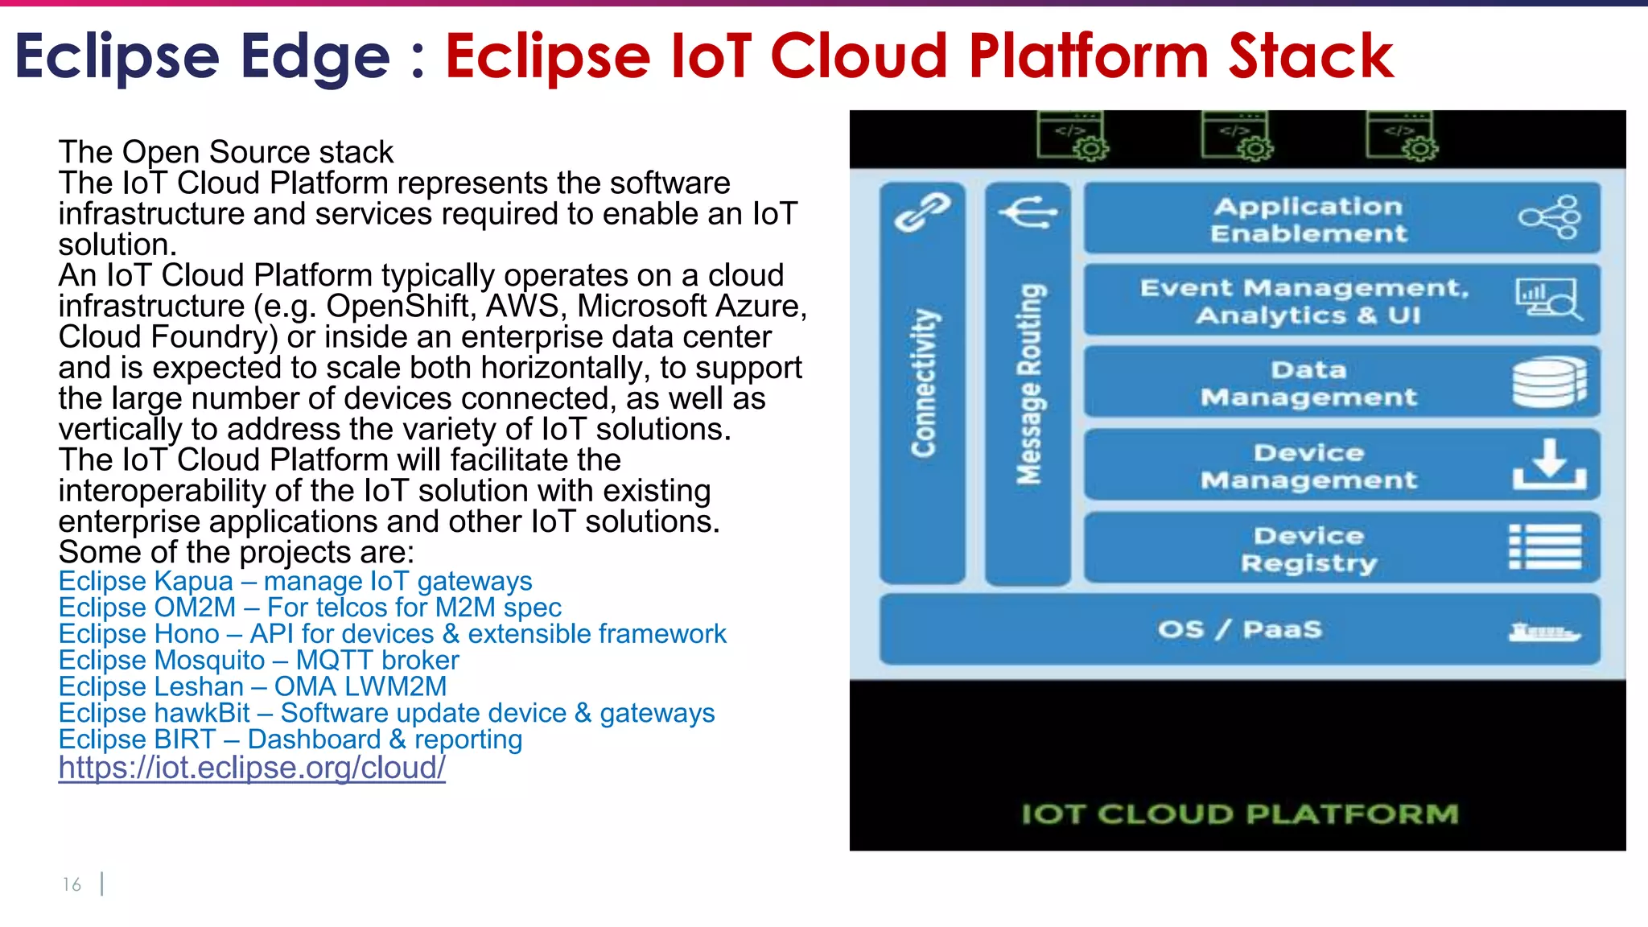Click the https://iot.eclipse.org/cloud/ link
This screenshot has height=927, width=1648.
pyautogui.click(x=252, y=768)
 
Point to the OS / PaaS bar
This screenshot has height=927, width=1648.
pyautogui.click(x=1239, y=629)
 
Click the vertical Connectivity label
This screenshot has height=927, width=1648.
pyautogui.click(x=924, y=383)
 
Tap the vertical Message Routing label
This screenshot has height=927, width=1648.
pyautogui.click(x=1029, y=383)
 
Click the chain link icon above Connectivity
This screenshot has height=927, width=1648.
pyautogui.click(x=922, y=212)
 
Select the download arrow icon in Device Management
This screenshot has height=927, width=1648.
pyautogui.click(x=1549, y=464)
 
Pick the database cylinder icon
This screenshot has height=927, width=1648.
pyautogui.click(x=1549, y=382)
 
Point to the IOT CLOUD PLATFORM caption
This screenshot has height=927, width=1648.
pyautogui.click(x=1239, y=814)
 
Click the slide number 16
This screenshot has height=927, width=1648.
pyautogui.click(x=72, y=884)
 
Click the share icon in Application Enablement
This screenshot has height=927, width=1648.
pyautogui.click(x=1550, y=217)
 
